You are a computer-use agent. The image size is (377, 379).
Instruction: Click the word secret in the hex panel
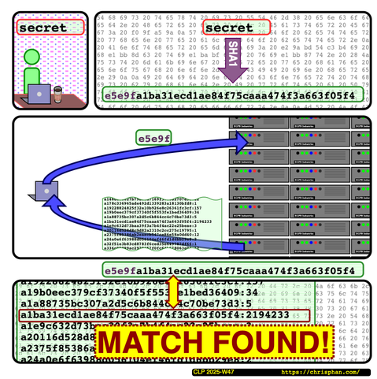tap(235, 28)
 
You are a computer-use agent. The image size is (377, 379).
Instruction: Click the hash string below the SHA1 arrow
tap(228, 97)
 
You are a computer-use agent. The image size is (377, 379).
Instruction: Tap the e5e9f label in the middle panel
tap(153, 138)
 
